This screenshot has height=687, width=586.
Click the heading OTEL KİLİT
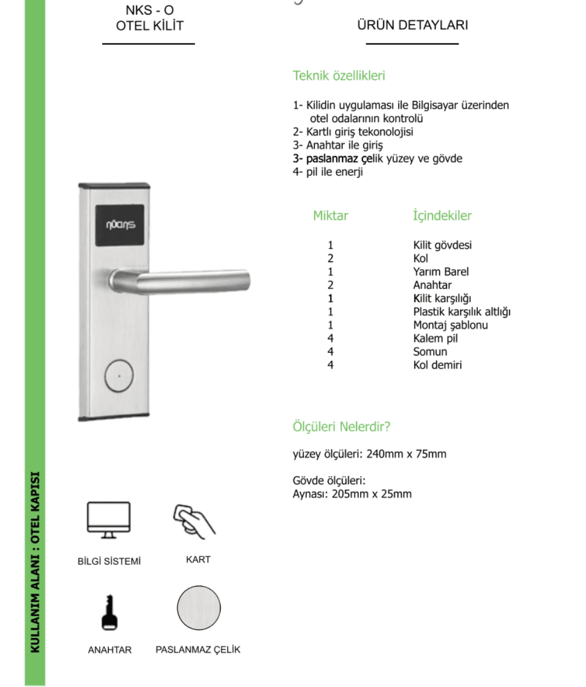click(x=149, y=25)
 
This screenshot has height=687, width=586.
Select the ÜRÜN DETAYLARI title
click(x=412, y=25)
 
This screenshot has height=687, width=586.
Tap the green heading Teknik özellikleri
click(x=339, y=76)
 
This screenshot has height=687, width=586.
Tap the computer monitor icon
click(x=109, y=519)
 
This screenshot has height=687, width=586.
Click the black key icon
click(x=109, y=613)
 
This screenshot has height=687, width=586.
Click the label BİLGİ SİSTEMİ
click(x=109, y=561)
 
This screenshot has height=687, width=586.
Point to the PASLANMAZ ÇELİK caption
click(x=198, y=650)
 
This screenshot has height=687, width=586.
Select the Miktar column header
click(x=330, y=215)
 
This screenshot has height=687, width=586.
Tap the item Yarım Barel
click(x=441, y=272)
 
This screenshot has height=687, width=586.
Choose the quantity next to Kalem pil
click(x=330, y=338)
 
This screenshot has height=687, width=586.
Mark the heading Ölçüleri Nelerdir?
click(x=341, y=426)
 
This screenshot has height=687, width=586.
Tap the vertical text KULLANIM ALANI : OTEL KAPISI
click(x=35, y=562)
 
